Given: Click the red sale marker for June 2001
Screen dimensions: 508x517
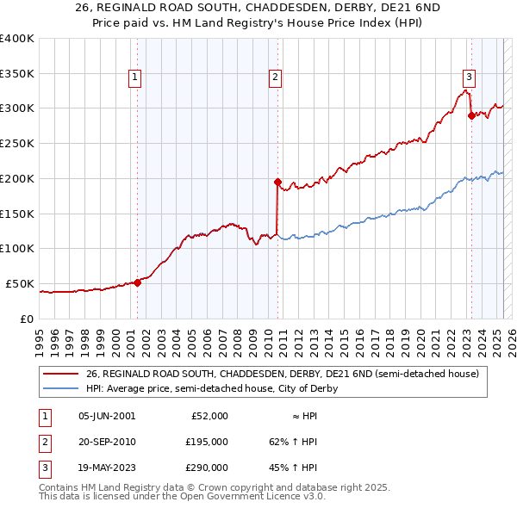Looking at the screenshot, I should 137,282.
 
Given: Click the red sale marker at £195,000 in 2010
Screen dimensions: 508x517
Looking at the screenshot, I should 277,182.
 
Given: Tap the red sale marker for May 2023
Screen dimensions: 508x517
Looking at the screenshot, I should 471,115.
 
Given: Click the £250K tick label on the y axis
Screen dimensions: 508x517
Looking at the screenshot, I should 17,143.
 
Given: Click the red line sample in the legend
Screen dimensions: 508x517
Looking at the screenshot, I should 61,374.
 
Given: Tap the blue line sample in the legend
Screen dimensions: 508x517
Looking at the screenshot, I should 61,388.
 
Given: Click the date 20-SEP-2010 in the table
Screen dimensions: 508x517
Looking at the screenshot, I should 107,442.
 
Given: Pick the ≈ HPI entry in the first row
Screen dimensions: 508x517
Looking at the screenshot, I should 299,416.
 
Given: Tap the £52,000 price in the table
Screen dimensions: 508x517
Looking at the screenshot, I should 209,416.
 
